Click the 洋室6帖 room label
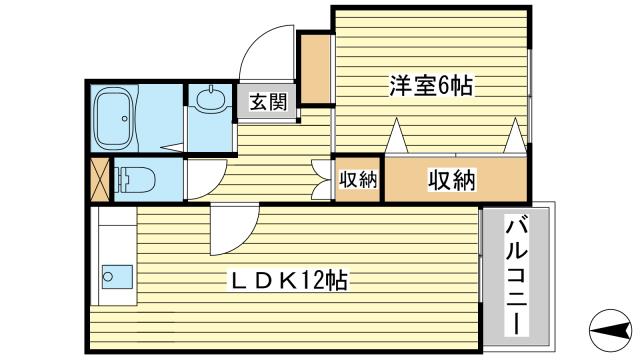[x=430, y=86]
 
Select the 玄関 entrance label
[x=267, y=102]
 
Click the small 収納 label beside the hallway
[x=357, y=180]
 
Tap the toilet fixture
[x=136, y=181]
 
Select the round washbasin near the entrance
[x=212, y=100]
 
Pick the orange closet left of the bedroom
[x=315, y=68]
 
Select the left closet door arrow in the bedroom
[x=397, y=134]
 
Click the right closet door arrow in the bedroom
[x=514, y=134]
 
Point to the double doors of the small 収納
[x=322, y=180]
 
